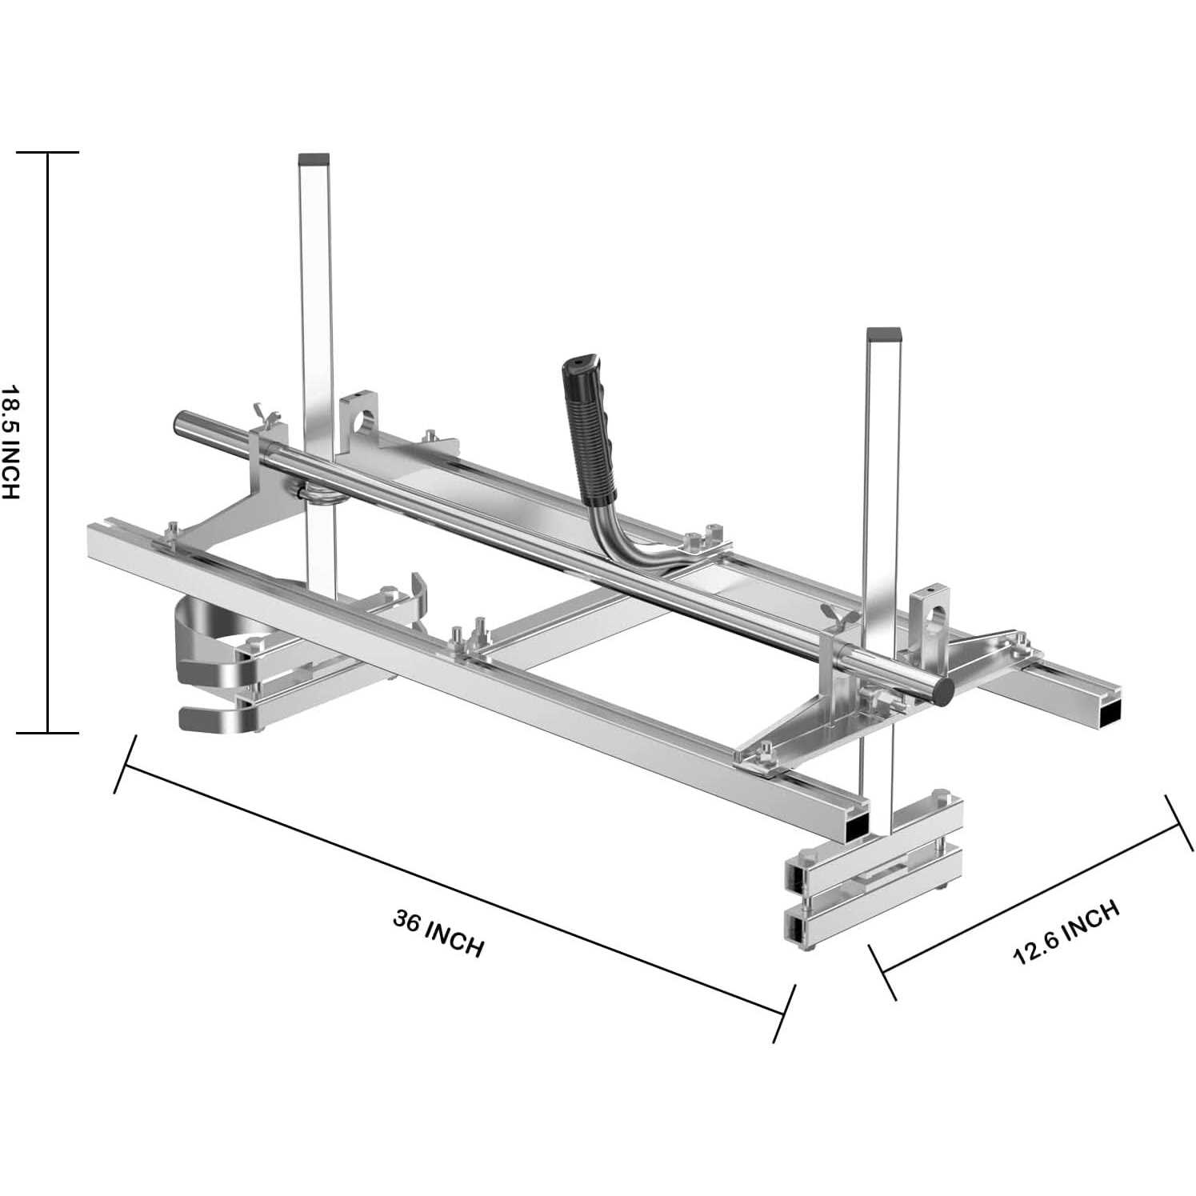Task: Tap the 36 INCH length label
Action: (438, 933)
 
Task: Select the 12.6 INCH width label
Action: (1066, 932)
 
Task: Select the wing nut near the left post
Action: (266, 416)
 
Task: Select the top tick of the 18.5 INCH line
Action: (48, 152)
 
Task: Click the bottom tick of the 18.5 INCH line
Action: (48, 732)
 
